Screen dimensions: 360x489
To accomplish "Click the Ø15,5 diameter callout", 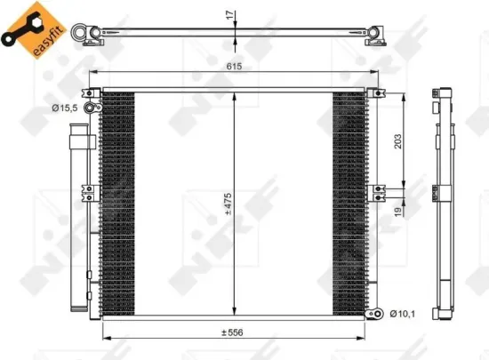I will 64,108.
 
